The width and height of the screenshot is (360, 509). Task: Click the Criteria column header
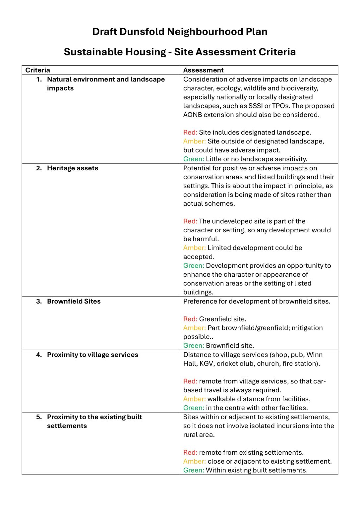[38, 70]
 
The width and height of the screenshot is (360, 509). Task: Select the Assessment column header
[203, 70]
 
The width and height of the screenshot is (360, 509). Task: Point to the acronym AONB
[193, 115]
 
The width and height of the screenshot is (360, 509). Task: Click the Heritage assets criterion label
[73, 168]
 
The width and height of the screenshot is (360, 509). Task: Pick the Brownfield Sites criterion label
[74, 302]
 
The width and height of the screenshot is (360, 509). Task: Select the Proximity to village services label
[92, 355]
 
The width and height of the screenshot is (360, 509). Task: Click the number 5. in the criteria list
[39, 417]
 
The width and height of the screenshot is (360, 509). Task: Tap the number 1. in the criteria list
[39, 80]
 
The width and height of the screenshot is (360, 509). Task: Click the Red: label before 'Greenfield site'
[190, 319]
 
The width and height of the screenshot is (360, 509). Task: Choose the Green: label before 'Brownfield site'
[194, 346]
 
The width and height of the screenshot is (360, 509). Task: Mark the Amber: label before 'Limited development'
[194, 248]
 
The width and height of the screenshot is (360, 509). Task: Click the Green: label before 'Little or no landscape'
[194, 159]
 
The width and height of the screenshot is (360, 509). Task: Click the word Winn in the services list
[315, 355]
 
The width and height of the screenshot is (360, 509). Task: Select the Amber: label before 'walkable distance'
[194, 399]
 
